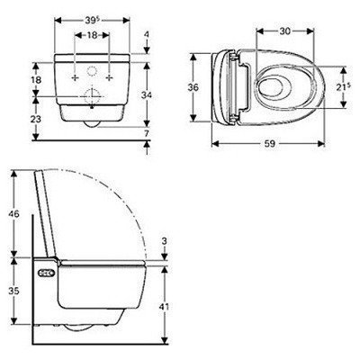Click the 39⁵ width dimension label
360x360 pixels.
(x=92, y=20)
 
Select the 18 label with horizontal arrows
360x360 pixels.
(x=93, y=35)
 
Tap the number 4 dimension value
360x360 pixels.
(x=147, y=34)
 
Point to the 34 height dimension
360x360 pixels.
(x=147, y=95)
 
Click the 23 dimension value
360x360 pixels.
(x=36, y=119)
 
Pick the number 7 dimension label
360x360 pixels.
(x=147, y=134)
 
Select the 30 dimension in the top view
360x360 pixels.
(x=284, y=31)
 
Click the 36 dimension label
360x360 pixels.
(x=193, y=87)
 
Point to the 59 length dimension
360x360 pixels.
(x=270, y=144)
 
